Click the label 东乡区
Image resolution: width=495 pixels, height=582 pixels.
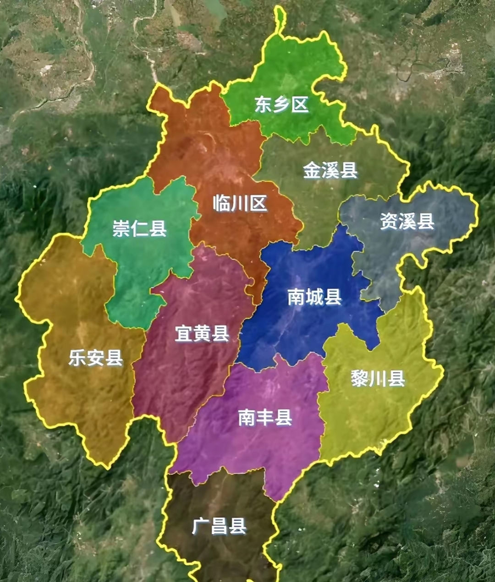coord(281,105)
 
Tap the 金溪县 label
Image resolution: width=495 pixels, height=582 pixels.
coord(330,170)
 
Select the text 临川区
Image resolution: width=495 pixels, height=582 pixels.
coord(240,203)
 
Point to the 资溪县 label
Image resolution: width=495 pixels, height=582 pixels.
coord(407,222)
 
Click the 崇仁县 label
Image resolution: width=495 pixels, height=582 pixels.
coord(140,228)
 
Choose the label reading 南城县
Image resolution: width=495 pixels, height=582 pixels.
coord(315,297)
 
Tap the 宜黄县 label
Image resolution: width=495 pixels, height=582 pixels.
coord(202,334)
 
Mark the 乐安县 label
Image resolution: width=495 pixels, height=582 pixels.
coord(96,357)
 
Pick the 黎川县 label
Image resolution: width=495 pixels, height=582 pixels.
coord(378,379)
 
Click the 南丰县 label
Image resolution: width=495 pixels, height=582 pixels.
coord(265,417)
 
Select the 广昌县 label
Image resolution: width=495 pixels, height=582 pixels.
coord(219,526)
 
